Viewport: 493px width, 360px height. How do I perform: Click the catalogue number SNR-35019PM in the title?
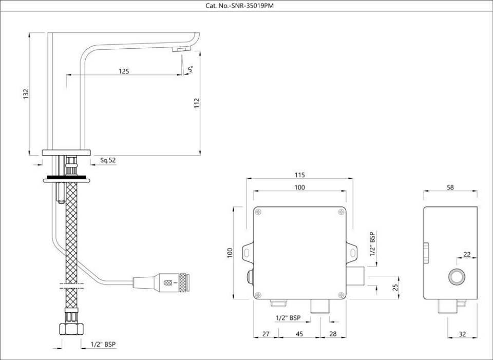[x=246, y=5]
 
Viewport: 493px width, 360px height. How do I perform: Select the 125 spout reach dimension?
[x=124, y=71]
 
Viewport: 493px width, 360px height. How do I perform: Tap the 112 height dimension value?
[x=197, y=103]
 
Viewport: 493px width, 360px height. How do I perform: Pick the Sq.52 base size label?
[x=108, y=160]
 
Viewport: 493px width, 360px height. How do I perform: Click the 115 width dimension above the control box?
[x=299, y=175]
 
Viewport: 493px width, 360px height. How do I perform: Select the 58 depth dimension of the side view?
[x=450, y=188]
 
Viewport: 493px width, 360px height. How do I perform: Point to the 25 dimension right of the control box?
[x=395, y=287]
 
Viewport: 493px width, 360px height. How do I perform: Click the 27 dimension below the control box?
[x=266, y=334]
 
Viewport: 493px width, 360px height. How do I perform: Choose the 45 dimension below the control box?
[x=299, y=334]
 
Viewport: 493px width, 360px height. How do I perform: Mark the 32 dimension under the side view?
[x=462, y=334]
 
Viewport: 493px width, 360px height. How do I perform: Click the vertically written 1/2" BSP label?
[x=372, y=244]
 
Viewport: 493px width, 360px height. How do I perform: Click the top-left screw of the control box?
[x=259, y=212]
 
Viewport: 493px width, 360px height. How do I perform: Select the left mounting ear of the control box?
[x=248, y=252]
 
